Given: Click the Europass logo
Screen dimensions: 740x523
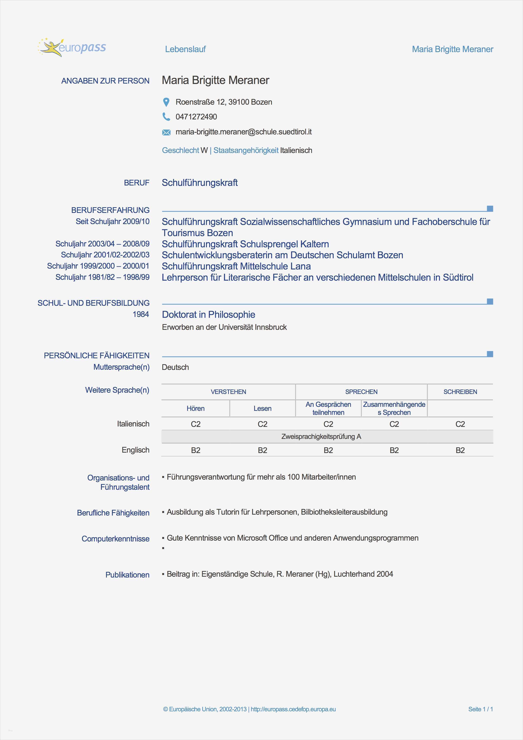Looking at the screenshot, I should [71, 48].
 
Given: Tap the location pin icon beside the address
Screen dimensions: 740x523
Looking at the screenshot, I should [166, 102].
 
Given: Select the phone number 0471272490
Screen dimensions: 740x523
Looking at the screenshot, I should [196, 117].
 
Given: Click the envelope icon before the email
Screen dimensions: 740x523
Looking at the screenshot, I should [166, 132].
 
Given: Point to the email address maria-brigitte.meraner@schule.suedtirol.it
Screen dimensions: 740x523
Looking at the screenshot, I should [243, 132].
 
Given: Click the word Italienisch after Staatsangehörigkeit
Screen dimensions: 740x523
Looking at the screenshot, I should [296, 150].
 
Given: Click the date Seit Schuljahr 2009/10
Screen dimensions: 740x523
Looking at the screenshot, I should [112, 221].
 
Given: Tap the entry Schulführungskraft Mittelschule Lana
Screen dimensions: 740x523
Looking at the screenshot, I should [236, 266].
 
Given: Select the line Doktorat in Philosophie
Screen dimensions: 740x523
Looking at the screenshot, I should [208, 315].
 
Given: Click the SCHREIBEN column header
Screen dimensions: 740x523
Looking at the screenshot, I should [460, 392].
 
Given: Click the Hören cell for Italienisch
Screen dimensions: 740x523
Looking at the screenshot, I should [195, 424].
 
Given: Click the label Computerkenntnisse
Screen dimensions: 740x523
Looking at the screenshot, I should [115, 539].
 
